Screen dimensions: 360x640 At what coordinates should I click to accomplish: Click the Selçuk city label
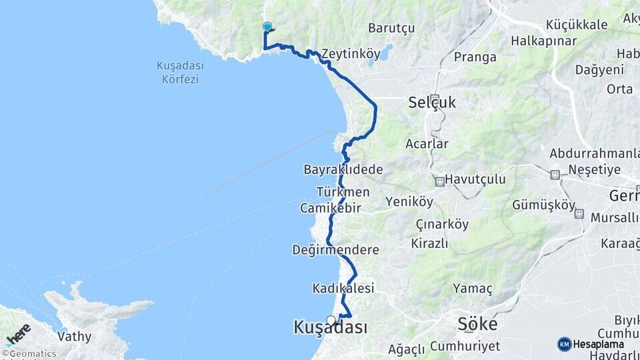pyautogui.click(x=433, y=103)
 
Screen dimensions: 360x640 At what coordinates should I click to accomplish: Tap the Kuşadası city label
pyautogui.click(x=330, y=327)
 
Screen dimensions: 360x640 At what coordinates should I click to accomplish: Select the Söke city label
pyautogui.click(x=477, y=325)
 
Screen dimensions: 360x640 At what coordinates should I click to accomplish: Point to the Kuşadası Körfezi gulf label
pyautogui.click(x=179, y=73)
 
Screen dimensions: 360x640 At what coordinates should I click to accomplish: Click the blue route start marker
pyautogui.click(x=267, y=27)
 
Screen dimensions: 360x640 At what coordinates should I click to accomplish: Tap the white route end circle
pyautogui.click(x=331, y=320)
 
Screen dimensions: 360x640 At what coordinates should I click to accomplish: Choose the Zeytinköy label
pyautogui.click(x=351, y=53)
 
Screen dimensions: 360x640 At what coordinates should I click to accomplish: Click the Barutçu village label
pyautogui.click(x=391, y=28)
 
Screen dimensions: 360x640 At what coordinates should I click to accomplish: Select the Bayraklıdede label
pyautogui.click(x=343, y=169)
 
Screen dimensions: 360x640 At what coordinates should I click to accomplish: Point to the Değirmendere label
pyautogui.click(x=335, y=250)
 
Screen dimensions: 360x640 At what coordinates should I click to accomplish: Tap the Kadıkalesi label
pyautogui.click(x=343, y=289)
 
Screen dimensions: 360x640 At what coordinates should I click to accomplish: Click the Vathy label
pyautogui.click(x=73, y=336)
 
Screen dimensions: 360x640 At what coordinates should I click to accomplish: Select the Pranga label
pyautogui.click(x=475, y=57)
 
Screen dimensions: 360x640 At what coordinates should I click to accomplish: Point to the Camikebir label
pyautogui.click(x=330, y=208)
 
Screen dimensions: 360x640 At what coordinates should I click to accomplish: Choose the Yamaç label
pyautogui.click(x=473, y=289)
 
